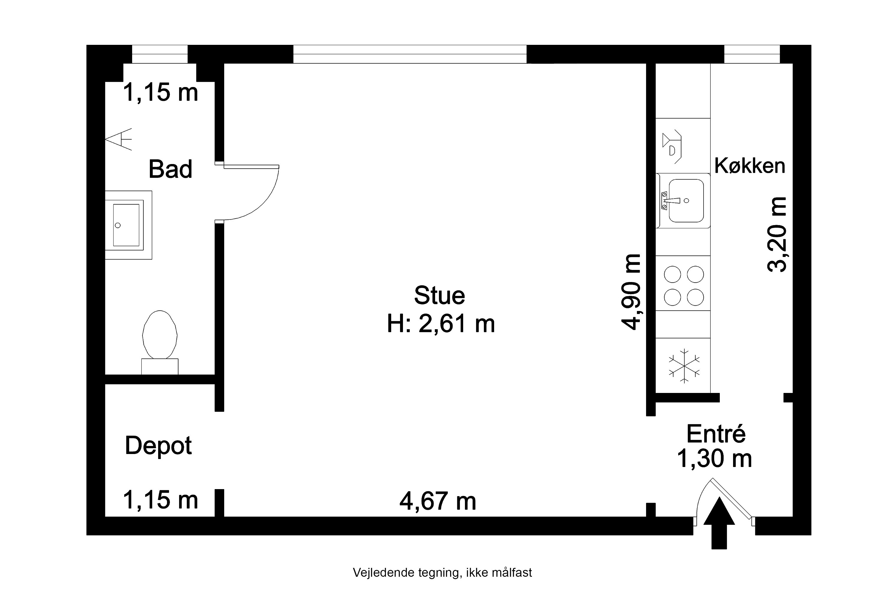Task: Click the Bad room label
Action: (171, 169)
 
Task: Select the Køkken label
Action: (750, 166)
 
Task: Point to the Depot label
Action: (158, 446)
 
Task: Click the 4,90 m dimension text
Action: (631, 292)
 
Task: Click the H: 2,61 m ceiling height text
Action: (441, 324)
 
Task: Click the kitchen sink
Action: (683, 201)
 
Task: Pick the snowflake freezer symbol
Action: (684, 366)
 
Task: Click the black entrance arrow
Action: (719, 523)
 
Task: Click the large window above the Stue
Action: (410, 54)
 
